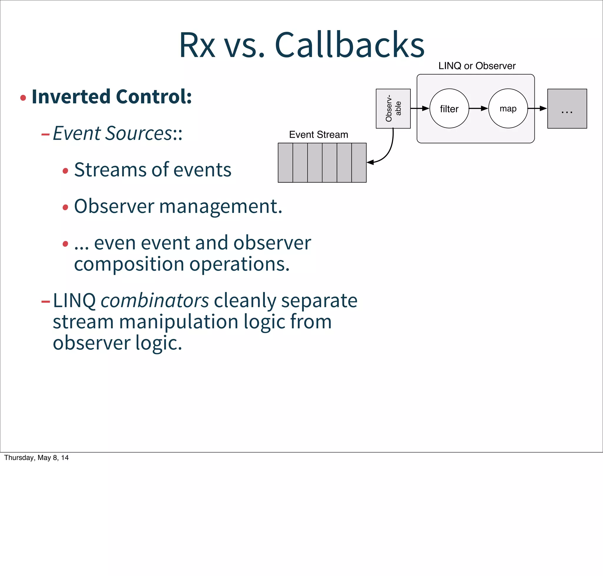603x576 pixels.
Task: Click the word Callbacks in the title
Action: (x=349, y=45)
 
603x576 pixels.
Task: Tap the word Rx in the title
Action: (x=197, y=45)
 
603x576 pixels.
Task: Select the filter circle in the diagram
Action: (x=449, y=108)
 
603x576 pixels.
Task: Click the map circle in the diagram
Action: (x=508, y=108)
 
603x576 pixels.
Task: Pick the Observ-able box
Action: (x=393, y=108)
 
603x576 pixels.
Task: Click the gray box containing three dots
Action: (x=567, y=108)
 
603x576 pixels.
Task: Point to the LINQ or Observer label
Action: (x=476, y=66)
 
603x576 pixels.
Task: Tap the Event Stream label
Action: (x=318, y=135)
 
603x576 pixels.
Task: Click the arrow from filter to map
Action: (x=478, y=108)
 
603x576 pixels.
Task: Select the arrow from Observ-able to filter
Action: (x=419, y=108)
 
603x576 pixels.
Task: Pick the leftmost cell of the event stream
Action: (x=285, y=163)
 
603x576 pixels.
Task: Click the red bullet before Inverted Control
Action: (x=23, y=98)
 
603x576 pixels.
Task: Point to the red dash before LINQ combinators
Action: (x=45, y=302)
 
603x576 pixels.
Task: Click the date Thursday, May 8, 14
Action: (x=36, y=458)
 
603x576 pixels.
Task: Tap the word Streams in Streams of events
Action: (x=109, y=170)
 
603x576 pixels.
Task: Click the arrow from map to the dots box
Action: (x=537, y=108)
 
